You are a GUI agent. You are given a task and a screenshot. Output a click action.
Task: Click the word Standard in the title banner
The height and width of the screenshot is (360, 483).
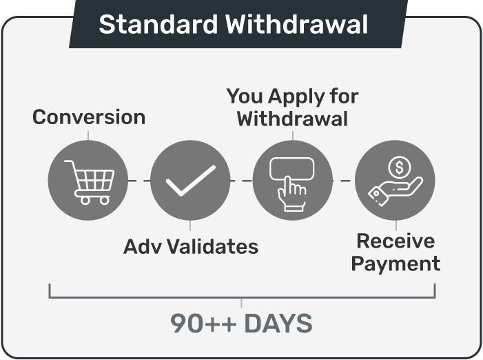(x=158, y=24)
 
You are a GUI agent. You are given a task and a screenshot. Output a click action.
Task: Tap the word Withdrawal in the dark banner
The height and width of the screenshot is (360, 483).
(x=296, y=24)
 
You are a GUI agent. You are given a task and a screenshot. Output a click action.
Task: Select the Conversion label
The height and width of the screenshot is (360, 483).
(x=89, y=117)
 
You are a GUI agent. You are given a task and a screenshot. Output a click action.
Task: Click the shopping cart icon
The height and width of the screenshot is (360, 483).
(x=90, y=182)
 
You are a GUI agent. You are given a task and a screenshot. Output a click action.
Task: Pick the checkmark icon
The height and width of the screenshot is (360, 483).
(x=191, y=181)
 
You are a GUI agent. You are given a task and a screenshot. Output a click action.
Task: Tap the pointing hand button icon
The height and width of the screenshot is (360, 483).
(x=291, y=184)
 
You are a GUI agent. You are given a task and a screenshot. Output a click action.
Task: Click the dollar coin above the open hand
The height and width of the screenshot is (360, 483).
(x=400, y=168)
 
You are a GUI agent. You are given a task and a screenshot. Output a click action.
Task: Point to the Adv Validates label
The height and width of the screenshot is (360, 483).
(x=191, y=247)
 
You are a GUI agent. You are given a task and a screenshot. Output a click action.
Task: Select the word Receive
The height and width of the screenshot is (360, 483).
(x=395, y=241)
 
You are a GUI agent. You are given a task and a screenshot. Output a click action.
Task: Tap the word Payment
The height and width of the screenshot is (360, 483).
(x=395, y=264)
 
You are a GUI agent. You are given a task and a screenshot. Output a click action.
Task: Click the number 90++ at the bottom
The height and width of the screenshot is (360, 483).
(x=204, y=323)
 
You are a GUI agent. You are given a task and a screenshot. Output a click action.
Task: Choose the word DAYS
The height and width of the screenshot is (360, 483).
(x=278, y=323)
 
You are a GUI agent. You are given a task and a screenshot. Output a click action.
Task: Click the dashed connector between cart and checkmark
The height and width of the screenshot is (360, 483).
(x=139, y=181)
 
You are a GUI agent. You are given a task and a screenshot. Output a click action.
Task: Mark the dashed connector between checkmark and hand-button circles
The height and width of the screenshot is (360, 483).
(x=241, y=181)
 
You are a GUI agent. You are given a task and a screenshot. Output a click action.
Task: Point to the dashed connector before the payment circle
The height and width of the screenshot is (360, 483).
(x=344, y=181)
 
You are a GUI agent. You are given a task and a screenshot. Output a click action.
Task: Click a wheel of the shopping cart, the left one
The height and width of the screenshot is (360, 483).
(x=85, y=201)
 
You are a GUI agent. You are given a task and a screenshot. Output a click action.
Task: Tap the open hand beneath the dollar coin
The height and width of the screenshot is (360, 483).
(x=395, y=191)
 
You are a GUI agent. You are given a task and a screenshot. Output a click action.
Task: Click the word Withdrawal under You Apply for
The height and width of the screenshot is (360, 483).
(x=292, y=119)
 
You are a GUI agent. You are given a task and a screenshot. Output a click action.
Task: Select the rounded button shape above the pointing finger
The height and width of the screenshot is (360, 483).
(x=291, y=158)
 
